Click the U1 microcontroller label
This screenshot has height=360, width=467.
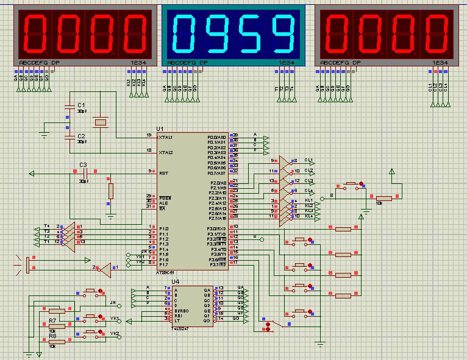pos(160,129)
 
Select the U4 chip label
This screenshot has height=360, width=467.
pos(176,281)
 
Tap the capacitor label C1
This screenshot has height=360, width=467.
pos(82,105)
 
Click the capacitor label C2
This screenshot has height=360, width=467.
pos(82,135)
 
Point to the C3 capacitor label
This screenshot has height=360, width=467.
pos(84,165)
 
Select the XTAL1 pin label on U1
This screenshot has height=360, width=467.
pos(165,138)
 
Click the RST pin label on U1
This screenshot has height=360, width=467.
pos(163,174)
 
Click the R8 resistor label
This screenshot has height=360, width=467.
pos(52,336)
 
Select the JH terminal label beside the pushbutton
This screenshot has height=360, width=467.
pos(113,303)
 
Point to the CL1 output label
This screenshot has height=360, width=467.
pos(309,161)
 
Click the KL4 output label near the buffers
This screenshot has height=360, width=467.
pos(309,216)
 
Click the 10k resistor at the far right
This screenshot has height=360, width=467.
pos(383,197)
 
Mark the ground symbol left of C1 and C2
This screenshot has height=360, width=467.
pos(44,132)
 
